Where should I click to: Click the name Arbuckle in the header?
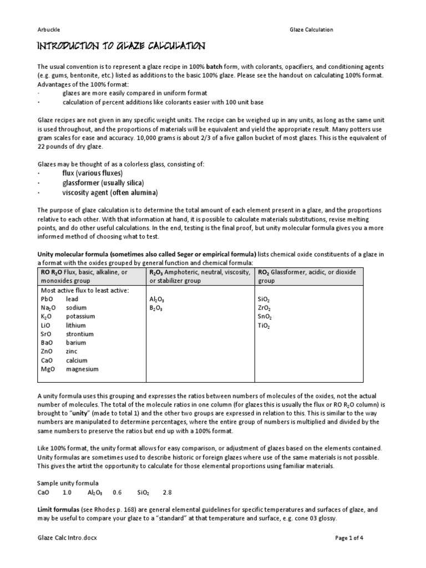tap(49, 29)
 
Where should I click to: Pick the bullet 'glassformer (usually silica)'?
tap(103, 182)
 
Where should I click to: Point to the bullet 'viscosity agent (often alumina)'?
tap(110, 192)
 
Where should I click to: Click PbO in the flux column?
tap(46, 298)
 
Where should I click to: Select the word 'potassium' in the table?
tap(80, 316)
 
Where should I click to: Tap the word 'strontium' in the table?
tap(79, 334)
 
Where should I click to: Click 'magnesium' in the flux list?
tap(82, 369)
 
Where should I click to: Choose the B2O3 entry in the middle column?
tap(157, 307)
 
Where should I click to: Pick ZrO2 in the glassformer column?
tap(265, 307)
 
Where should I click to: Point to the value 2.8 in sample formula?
tap(168, 491)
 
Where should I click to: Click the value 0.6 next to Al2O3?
tap(116, 491)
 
